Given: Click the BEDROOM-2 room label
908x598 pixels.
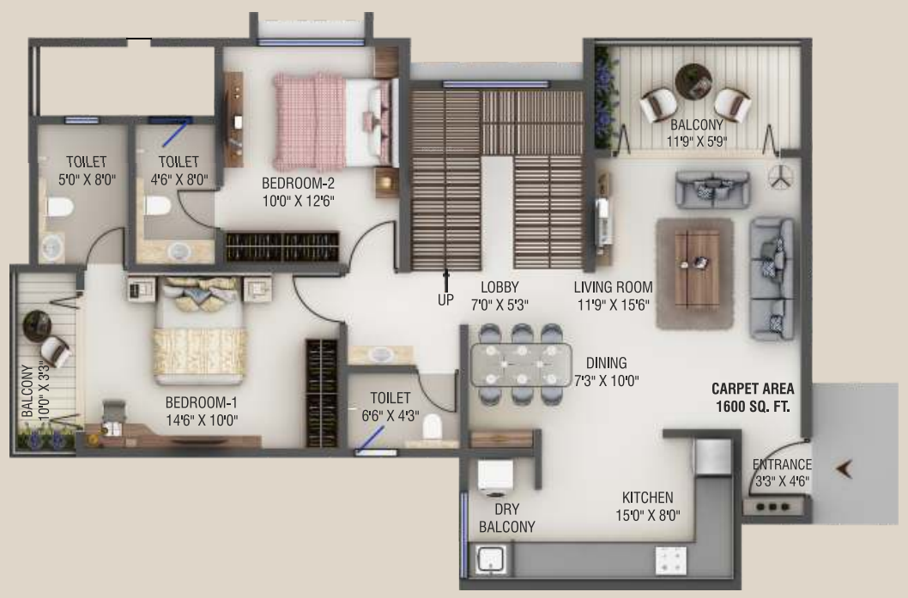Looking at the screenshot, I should pyautogui.click(x=298, y=184).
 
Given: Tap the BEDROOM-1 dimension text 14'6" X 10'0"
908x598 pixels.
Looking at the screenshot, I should pyautogui.click(x=201, y=420).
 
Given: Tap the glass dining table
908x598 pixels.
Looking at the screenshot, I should pyautogui.click(x=520, y=364).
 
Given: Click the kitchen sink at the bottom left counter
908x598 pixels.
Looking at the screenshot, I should pyautogui.click(x=490, y=562).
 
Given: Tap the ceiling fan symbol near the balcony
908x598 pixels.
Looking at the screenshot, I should pyautogui.click(x=780, y=175).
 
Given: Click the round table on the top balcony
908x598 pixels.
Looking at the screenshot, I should pyautogui.click(x=693, y=82).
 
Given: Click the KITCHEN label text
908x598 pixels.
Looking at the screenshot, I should pyautogui.click(x=648, y=498).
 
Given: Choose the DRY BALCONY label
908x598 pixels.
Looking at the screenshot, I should pyautogui.click(x=506, y=518).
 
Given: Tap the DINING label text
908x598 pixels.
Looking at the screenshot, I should pyautogui.click(x=606, y=363).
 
